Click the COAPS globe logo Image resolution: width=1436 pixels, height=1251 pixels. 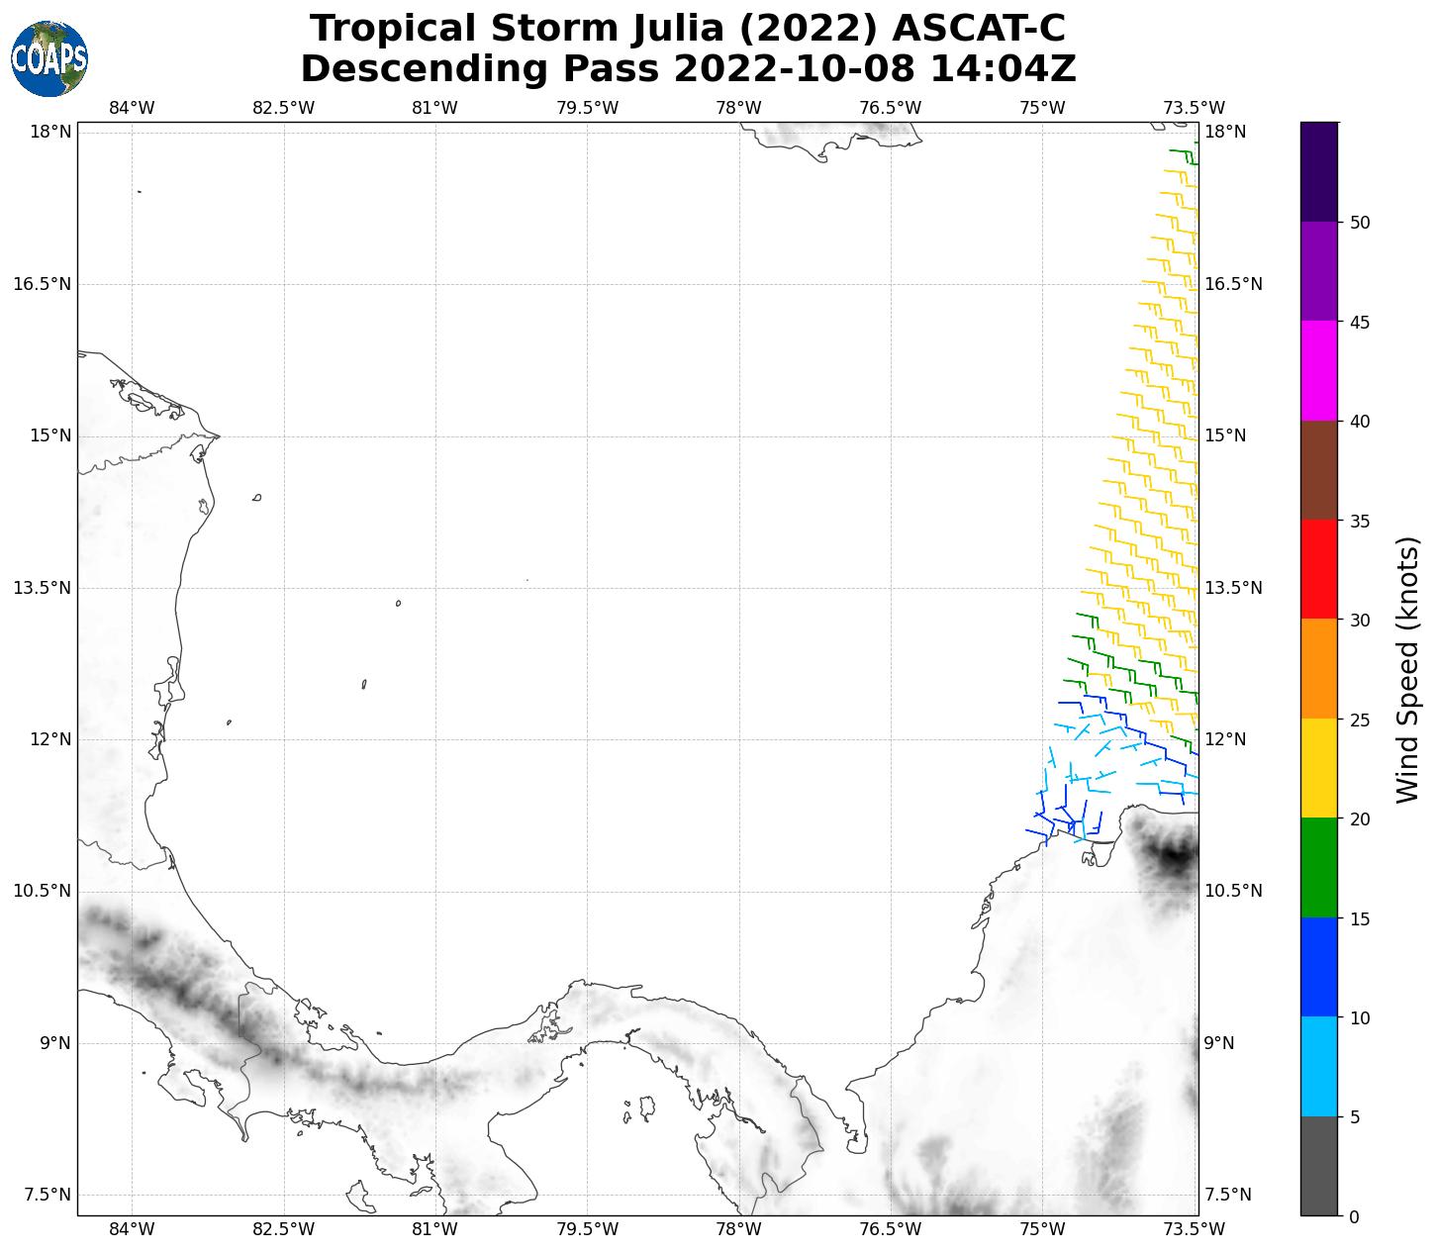point(49,58)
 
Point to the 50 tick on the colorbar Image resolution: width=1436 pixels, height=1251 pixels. point(1360,223)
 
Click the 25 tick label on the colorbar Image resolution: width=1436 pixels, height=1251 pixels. point(1360,720)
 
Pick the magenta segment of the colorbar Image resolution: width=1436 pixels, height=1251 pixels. point(1318,371)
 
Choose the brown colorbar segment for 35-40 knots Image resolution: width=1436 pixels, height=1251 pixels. point(1318,470)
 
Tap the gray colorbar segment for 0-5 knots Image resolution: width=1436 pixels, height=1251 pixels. point(1318,1166)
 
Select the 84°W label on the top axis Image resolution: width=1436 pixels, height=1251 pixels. point(132,108)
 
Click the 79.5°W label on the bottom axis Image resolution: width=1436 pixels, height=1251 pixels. point(587,1229)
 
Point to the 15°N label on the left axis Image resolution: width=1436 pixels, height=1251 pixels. point(51,436)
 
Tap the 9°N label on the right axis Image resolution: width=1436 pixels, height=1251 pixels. point(1219,1043)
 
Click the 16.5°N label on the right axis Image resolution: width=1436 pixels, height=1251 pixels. point(1232,285)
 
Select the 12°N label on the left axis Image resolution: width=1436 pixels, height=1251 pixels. point(51,739)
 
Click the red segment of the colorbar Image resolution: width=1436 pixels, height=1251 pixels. point(1318,569)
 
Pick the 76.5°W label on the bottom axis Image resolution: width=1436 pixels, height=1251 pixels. point(891,1229)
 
